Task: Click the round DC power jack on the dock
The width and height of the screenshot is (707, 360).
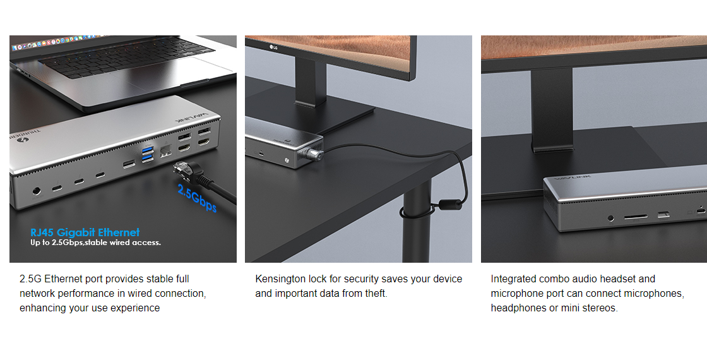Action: click(36, 191)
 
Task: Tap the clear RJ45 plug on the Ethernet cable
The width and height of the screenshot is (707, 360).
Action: click(182, 169)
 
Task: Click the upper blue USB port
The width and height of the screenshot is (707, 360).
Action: click(147, 150)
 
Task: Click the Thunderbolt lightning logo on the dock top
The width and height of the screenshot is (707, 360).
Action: click(20, 140)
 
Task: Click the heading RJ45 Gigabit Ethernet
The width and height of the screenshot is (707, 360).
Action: click(85, 232)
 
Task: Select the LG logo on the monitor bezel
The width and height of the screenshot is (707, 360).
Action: click(273, 47)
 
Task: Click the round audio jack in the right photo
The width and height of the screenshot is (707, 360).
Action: click(611, 219)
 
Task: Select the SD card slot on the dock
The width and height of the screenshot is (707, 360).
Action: click(636, 217)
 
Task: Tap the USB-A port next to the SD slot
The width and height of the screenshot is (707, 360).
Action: click(663, 215)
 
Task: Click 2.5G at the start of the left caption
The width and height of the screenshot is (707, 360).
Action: click(30, 279)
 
